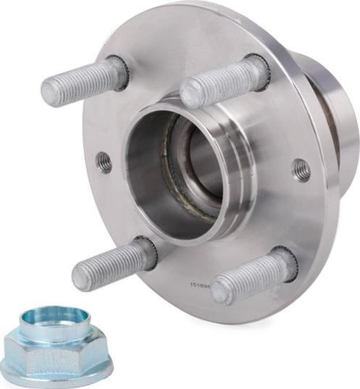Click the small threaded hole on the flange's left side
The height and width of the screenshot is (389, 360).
click(106, 162)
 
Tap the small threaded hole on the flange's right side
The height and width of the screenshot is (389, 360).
click(301, 171)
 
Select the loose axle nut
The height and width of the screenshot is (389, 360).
click(56, 346)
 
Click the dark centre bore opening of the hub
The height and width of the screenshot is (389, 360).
click(194, 167)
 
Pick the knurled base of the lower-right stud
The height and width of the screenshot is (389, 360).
click(285, 262)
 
